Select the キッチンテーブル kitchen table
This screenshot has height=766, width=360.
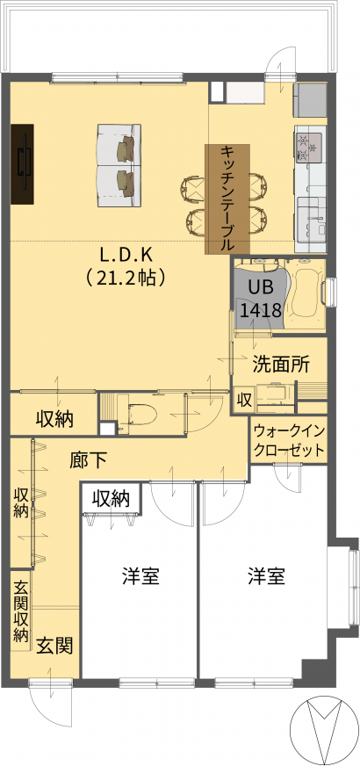point(227,199)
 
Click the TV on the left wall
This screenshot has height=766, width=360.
point(23,163)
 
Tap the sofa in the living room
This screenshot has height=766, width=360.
point(119,165)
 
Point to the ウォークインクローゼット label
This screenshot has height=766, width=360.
point(289,441)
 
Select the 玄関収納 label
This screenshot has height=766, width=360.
point(20,611)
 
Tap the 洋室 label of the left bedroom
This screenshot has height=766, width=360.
point(140,577)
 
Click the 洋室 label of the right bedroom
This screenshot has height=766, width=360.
point(266,577)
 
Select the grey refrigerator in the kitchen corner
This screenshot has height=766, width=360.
point(310,100)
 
